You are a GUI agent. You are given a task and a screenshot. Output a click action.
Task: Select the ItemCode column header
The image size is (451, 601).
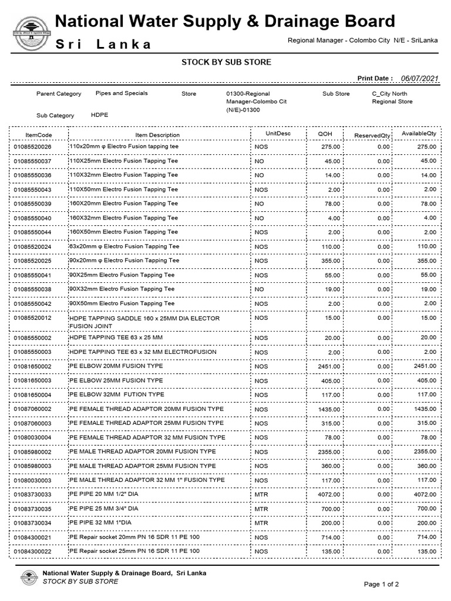point(39,135)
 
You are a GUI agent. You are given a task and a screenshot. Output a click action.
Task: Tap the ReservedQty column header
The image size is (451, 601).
point(372,136)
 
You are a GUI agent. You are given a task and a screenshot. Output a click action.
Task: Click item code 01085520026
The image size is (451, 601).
point(33,146)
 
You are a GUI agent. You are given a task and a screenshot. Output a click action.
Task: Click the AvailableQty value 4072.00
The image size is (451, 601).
point(425,495)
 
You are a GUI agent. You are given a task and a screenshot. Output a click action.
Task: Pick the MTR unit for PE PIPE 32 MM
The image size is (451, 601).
point(261,523)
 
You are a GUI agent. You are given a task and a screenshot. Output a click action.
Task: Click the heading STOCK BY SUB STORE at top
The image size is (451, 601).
point(226,62)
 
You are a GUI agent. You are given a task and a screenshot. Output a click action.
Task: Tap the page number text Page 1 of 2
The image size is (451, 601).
point(382,584)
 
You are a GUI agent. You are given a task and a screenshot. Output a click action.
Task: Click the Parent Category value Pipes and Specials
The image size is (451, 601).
point(122,93)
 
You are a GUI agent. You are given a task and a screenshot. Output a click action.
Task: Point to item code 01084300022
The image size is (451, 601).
point(33,552)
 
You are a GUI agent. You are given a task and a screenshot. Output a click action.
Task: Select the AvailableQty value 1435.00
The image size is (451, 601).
point(425,409)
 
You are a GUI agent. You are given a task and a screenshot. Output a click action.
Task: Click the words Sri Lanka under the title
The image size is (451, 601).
point(103,45)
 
